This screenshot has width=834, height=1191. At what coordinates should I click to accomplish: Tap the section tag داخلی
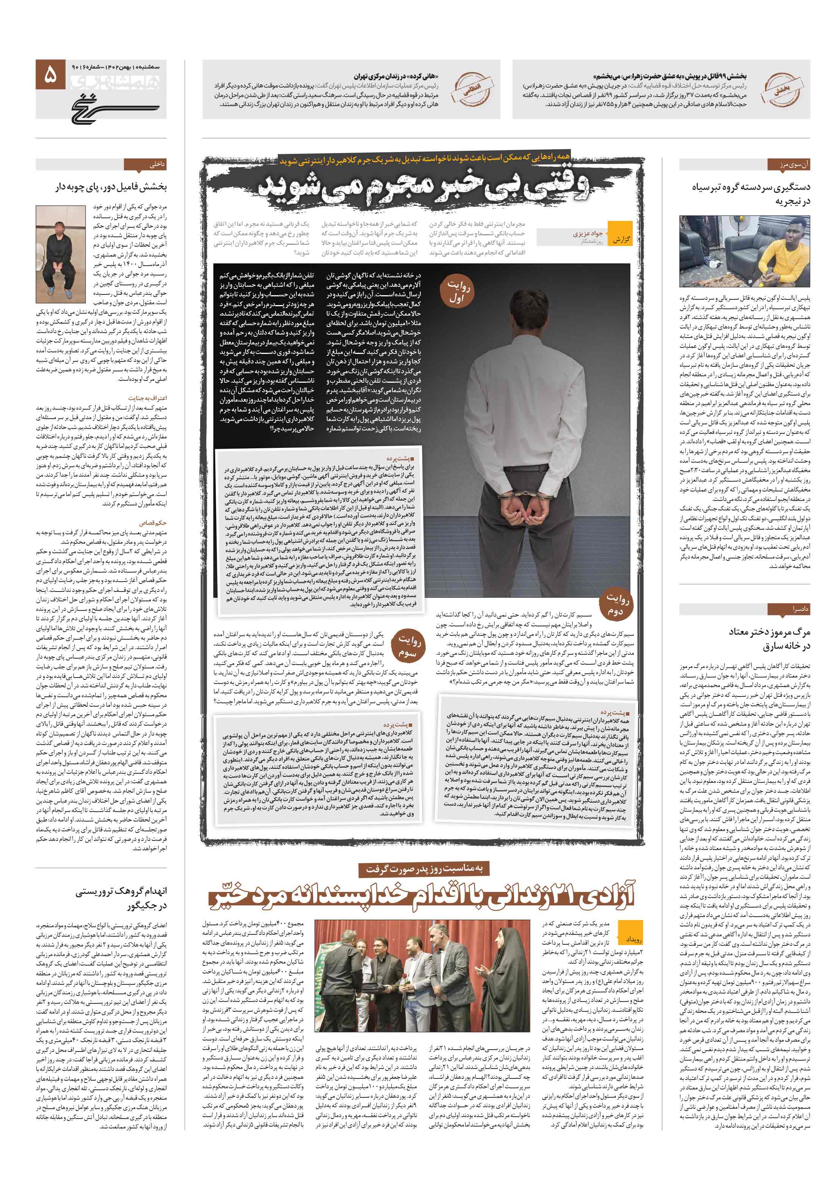click(156, 165)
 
